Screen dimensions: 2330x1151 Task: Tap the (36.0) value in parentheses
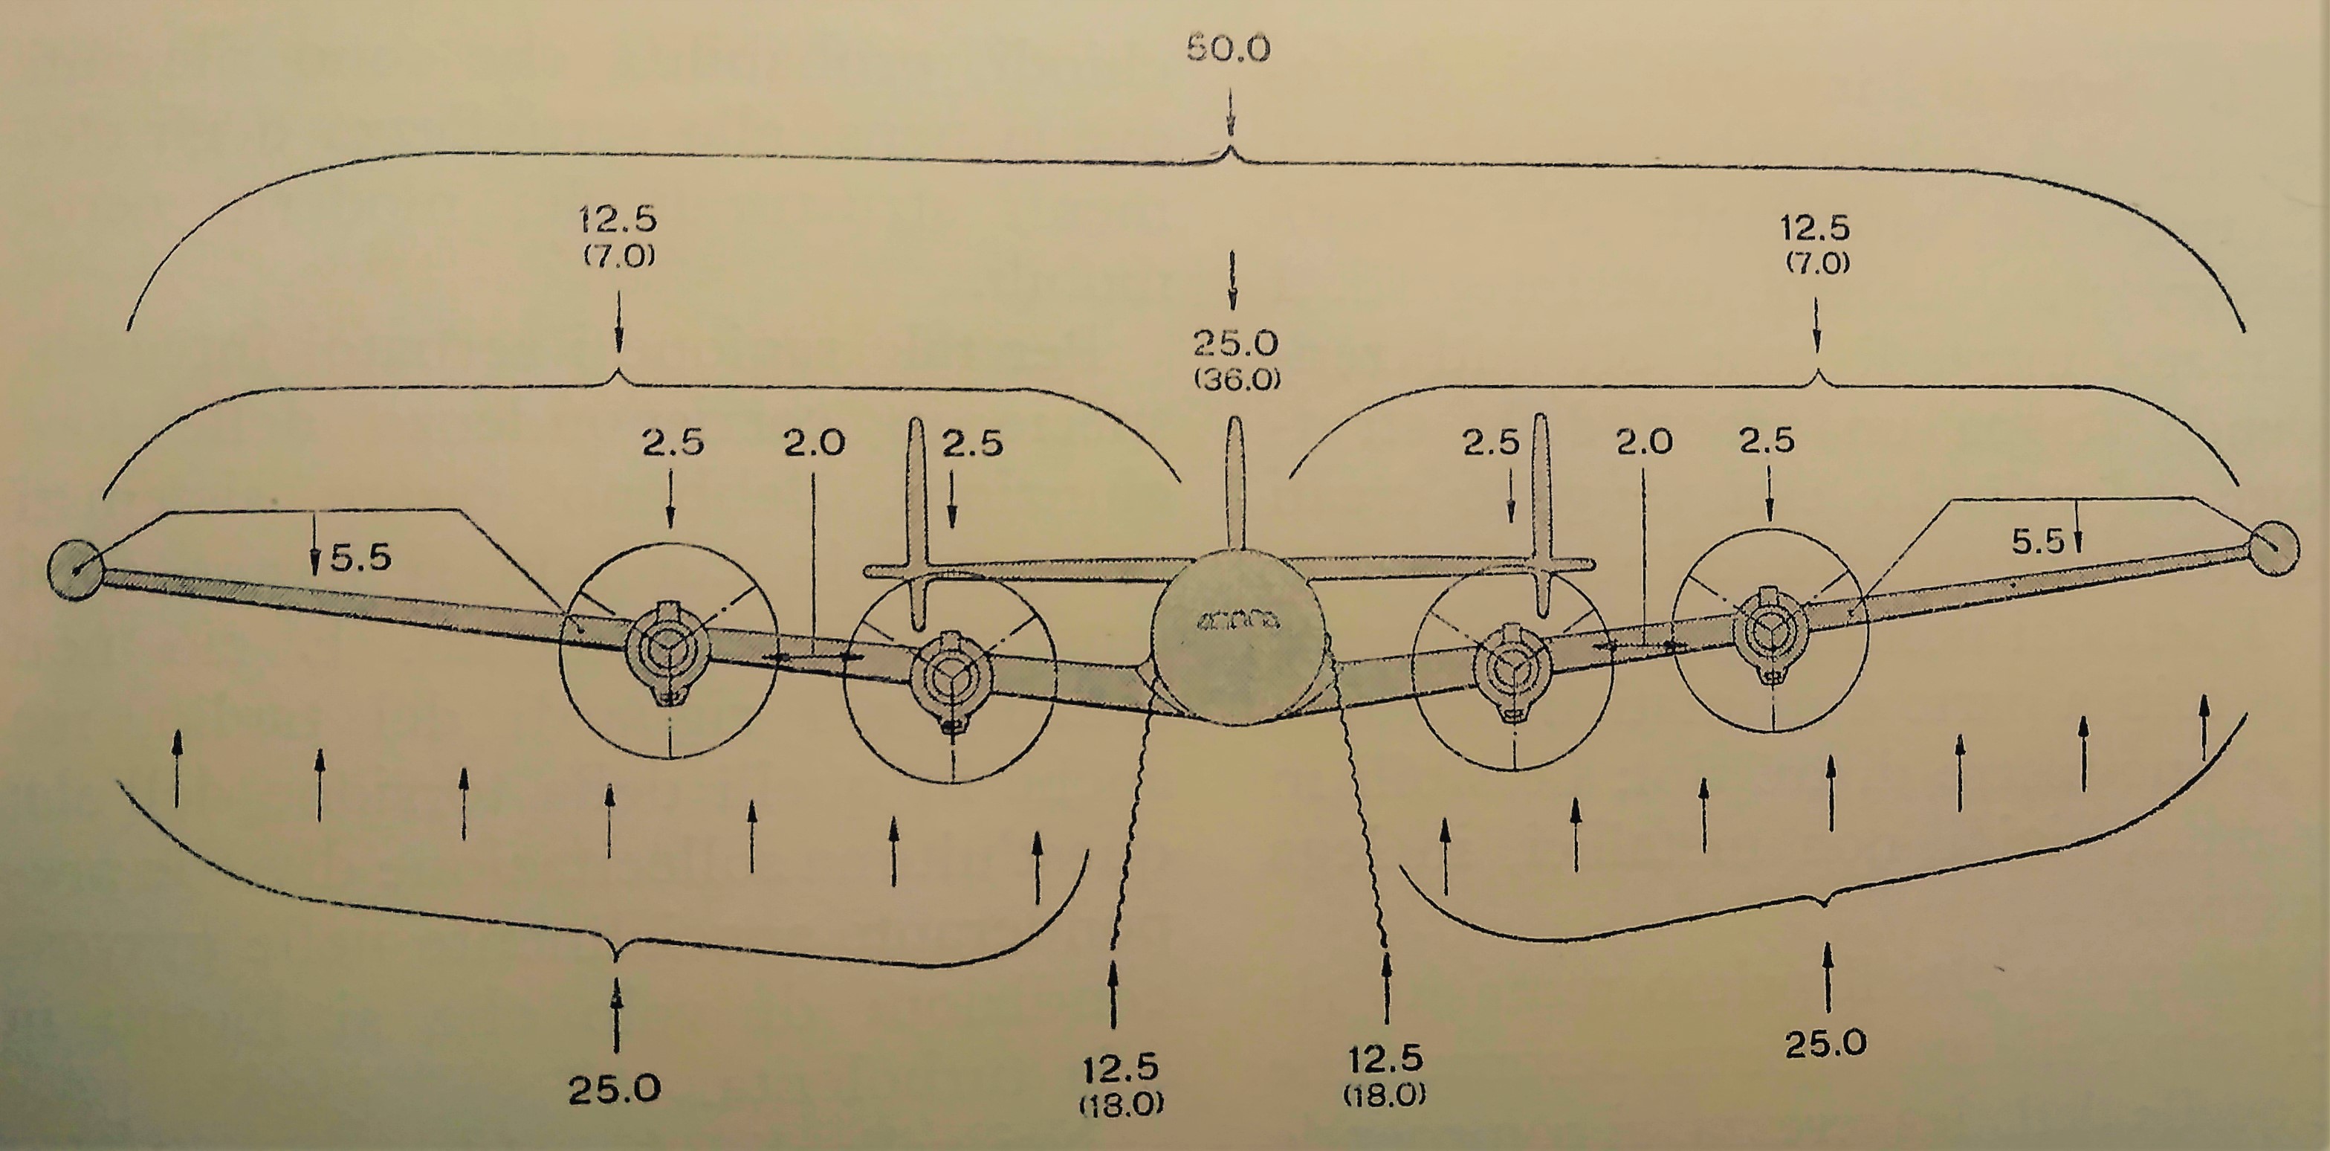point(1237,380)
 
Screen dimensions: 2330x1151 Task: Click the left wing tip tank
point(77,568)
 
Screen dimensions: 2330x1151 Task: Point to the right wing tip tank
point(2272,548)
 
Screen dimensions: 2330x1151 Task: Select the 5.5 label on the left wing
point(360,558)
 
